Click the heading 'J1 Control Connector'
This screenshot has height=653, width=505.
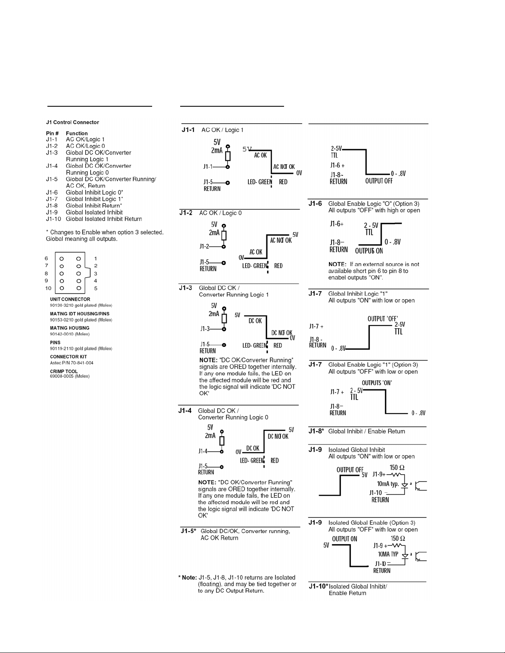click(73, 122)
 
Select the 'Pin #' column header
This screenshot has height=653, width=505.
click(52, 133)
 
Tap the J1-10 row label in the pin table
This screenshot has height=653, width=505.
click(54, 219)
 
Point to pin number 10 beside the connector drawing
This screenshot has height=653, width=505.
click(48, 288)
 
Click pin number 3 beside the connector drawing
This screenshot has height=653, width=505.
click(96, 274)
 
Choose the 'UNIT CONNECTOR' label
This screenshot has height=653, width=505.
click(70, 299)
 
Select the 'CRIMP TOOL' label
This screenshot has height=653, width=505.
click(64, 372)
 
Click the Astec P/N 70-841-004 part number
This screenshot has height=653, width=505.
click(72, 363)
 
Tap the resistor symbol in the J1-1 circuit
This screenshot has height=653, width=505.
click(228, 156)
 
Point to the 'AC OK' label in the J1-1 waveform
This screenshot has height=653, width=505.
click(260, 155)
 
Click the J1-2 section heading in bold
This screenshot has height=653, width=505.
click(186, 213)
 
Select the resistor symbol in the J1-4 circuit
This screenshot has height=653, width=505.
click(222, 441)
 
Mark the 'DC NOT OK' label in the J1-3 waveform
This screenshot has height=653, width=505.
click(282, 332)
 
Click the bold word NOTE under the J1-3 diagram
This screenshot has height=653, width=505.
click(208, 360)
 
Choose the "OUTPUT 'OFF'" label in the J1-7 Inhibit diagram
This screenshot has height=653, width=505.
click(383, 319)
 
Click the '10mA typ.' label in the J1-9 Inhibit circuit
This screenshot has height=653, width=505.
click(388, 484)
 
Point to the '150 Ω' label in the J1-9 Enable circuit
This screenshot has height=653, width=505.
click(398, 538)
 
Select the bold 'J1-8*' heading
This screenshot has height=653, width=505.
click(316, 431)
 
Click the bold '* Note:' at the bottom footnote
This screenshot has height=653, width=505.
click(188, 578)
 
